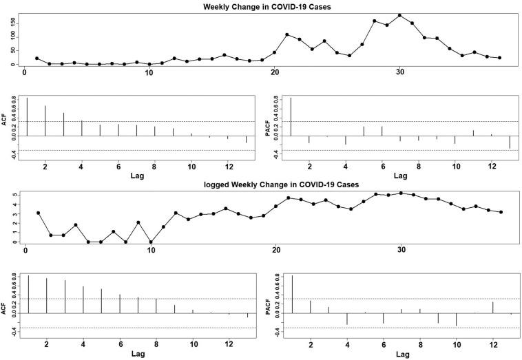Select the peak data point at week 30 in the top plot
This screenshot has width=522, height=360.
click(399, 15)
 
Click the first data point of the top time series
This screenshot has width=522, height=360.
click(36, 59)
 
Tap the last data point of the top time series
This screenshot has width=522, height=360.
click(499, 58)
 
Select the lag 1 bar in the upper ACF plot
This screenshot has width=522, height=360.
click(27, 117)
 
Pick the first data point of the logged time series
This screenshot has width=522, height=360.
click(38, 213)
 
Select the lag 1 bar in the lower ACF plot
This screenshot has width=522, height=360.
click(28, 294)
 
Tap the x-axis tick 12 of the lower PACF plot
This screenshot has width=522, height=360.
click(492, 344)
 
